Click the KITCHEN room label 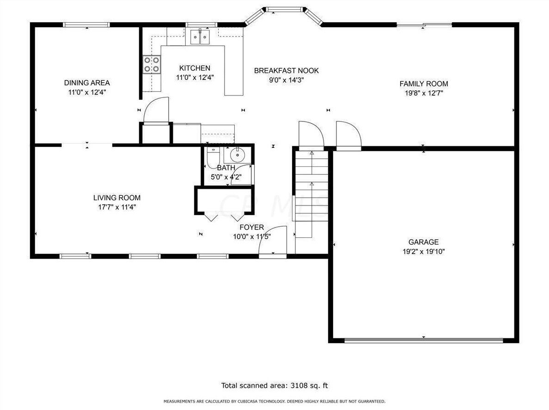pyautogui.click(x=195, y=68)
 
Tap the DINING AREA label pyautogui.click(x=87, y=83)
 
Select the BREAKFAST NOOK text pyautogui.click(x=286, y=71)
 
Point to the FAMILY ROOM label pyautogui.click(x=423, y=84)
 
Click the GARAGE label pyautogui.click(x=423, y=242)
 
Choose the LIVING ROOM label pyautogui.click(x=116, y=198)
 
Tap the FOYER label pyautogui.click(x=251, y=227)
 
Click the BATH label pyautogui.click(x=226, y=168)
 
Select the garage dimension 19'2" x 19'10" pyautogui.click(x=423, y=252)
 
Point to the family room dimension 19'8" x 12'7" pyautogui.click(x=423, y=93)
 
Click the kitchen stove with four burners pyautogui.click(x=152, y=64)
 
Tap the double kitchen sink pyautogui.click(x=200, y=36)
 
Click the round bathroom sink pyautogui.click(x=237, y=153)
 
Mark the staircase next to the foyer pyautogui.click(x=311, y=194)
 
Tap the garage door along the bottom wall pyautogui.click(x=423, y=341)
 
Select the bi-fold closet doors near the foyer pyautogui.click(x=225, y=217)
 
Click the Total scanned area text pyautogui.click(x=274, y=386)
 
